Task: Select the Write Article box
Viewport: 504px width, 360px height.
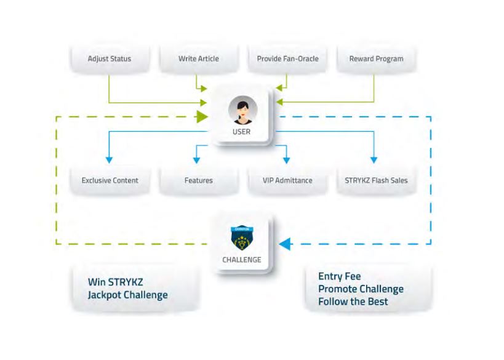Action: click(x=198, y=59)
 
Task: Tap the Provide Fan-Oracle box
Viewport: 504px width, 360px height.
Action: click(x=286, y=59)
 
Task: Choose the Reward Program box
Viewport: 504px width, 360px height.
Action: click(x=376, y=59)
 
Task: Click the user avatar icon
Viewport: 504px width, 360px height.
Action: click(x=241, y=110)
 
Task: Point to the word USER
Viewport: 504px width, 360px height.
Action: click(x=241, y=132)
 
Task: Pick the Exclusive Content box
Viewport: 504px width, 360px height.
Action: click(x=110, y=180)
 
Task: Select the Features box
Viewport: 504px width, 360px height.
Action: click(x=198, y=180)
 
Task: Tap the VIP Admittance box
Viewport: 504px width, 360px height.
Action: click(x=287, y=180)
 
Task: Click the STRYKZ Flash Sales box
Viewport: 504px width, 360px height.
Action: click(x=376, y=180)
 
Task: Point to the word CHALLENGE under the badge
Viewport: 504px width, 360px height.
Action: click(x=242, y=260)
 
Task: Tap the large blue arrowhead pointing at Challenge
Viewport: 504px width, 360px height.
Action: click(x=285, y=244)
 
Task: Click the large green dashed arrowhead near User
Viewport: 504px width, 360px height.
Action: click(x=202, y=116)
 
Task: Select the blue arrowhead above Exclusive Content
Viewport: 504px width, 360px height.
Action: click(x=109, y=159)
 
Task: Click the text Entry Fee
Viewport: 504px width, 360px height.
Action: click(x=339, y=276)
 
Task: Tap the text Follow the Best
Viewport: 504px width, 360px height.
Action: click(x=353, y=302)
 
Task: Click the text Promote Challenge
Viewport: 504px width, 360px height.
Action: click(x=361, y=289)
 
